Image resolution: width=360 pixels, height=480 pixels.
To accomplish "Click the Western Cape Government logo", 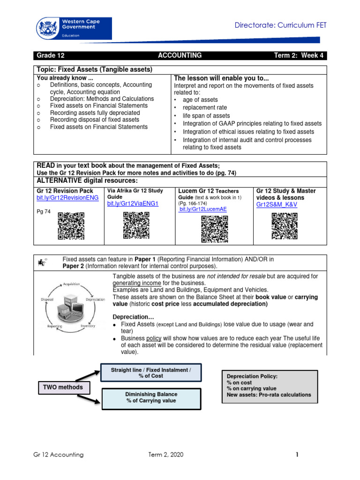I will tap(74, 29).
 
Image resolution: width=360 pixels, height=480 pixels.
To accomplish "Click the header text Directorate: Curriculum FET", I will tap(280, 25).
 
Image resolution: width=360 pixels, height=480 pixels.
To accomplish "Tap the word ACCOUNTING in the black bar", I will tap(180, 55).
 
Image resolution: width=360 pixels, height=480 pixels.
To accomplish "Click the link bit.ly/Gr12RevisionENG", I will tap(67, 198).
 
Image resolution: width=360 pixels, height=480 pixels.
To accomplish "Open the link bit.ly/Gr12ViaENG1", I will tap(133, 204).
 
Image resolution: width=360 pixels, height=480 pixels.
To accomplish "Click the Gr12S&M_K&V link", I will tap(277, 205).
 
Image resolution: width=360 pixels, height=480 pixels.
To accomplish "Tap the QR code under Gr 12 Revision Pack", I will tap(71, 226).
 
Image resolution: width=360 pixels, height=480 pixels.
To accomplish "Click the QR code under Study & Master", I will tap(285, 226).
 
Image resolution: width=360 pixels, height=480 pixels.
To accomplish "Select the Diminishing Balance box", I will tap(151, 397).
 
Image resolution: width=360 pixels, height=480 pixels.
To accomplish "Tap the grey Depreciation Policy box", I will tap(269, 385).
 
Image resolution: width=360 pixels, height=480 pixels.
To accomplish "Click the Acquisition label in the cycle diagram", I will tap(71, 284).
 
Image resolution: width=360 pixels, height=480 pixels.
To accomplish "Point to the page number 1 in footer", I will tap(297, 454).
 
